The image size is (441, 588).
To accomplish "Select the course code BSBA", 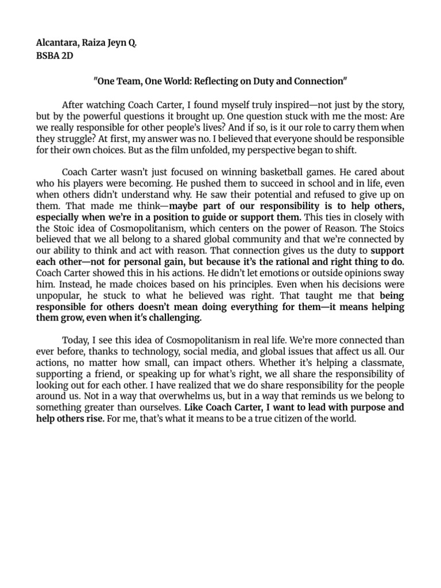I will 50,57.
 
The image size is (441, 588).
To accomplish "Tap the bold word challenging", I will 175,317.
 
